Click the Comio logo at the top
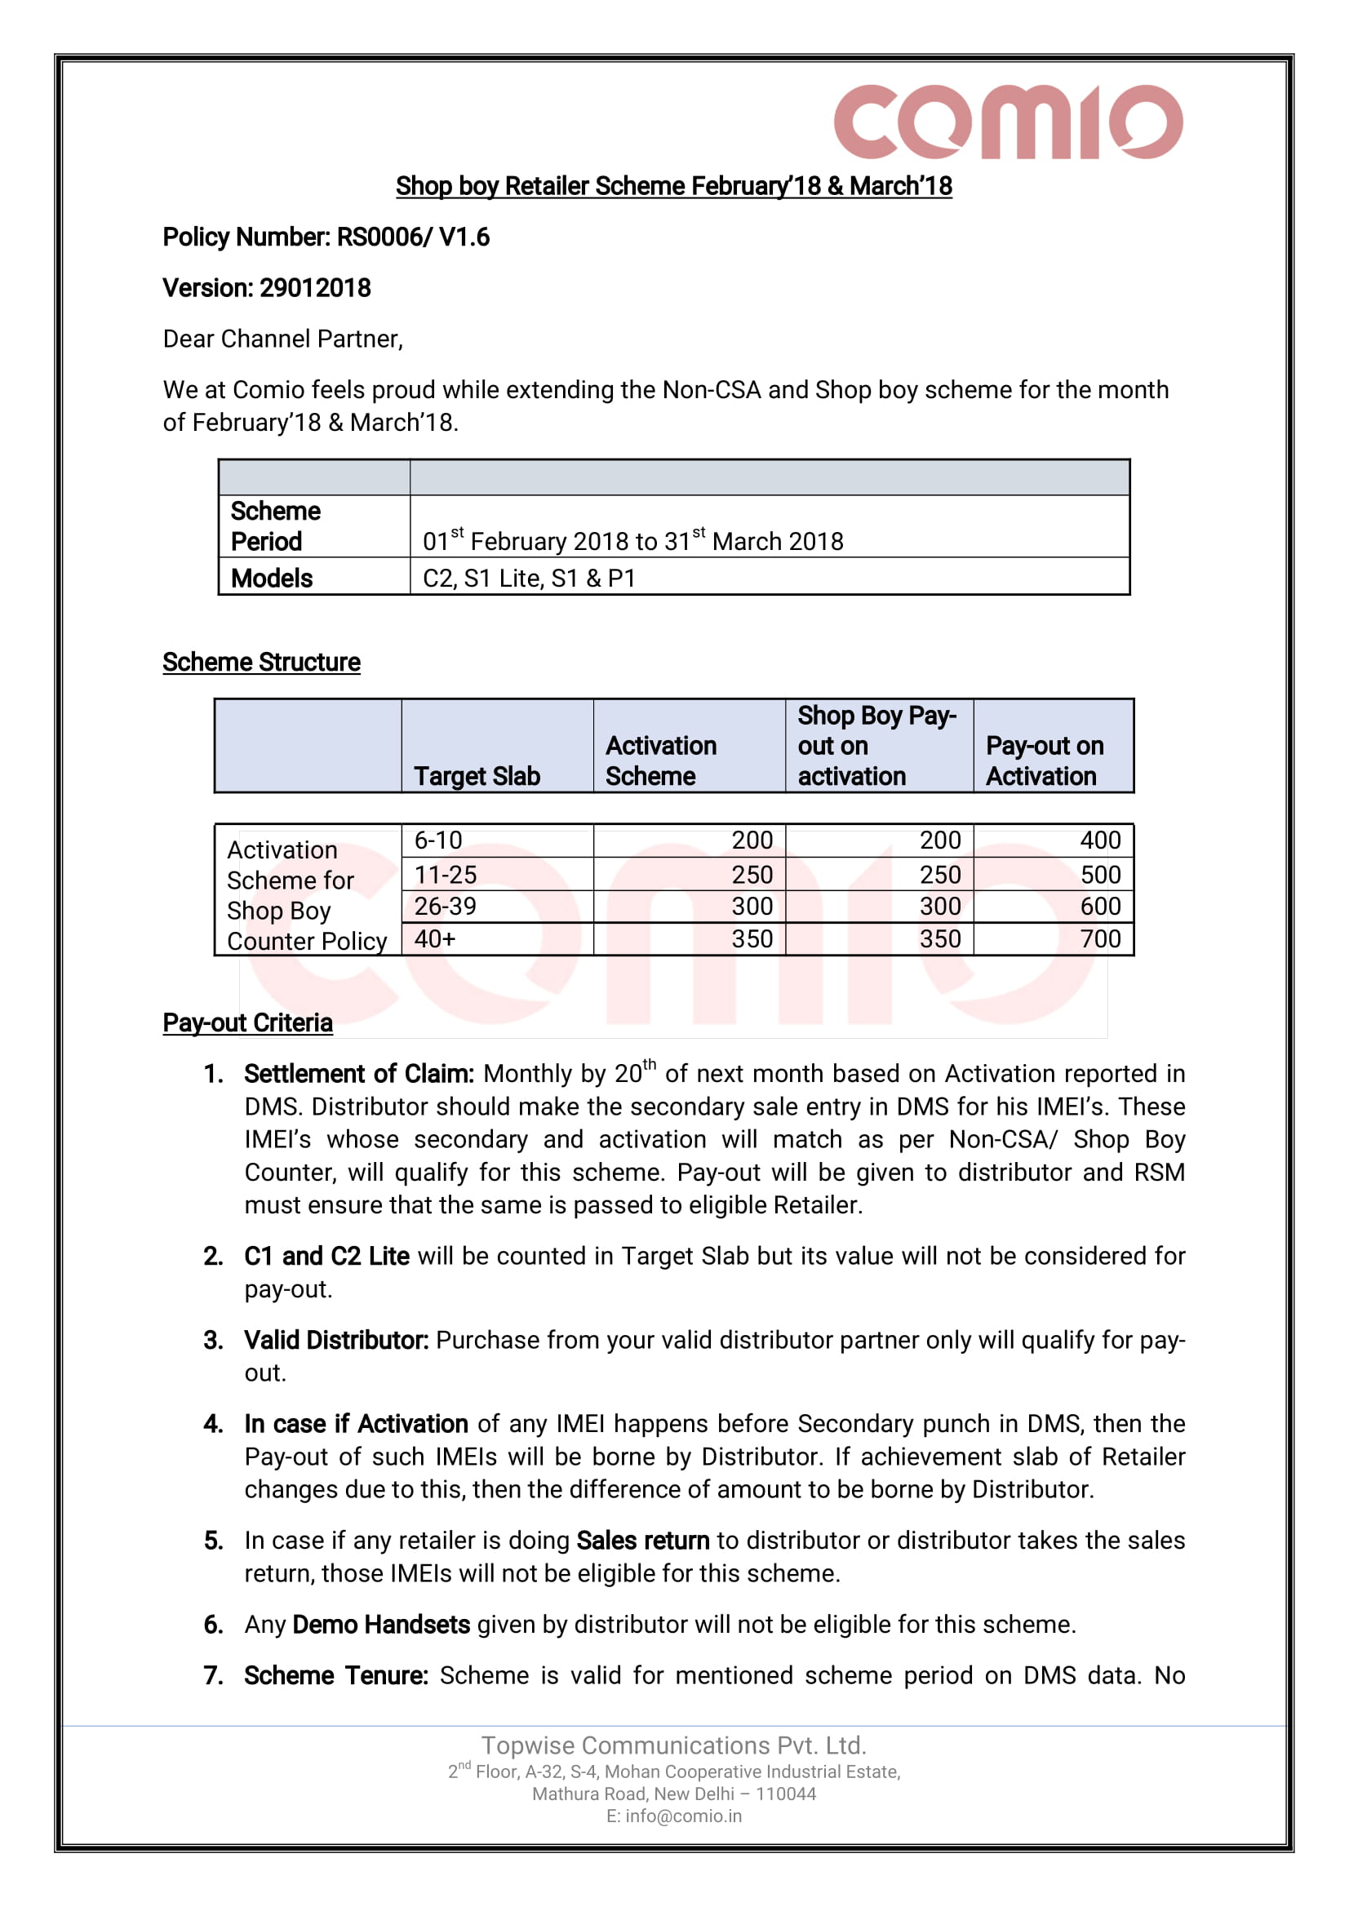(x=1008, y=122)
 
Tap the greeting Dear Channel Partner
(x=282, y=339)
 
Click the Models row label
(x=272, y=578)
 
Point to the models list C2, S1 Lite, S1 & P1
(x=529, y=578)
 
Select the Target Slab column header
(x=477, y=776)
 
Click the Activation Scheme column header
(x=660, y=761)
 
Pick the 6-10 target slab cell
(x=437, y=840)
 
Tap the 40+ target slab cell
(x=434, y=939)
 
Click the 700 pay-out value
(x=1100, y=939)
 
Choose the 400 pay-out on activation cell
(x=1100, y=840)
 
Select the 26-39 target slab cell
(x=446, y=906)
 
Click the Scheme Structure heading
(x=261, y=662)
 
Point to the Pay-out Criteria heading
(x=247, y=1022)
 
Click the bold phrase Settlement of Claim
(x=358, y=1074)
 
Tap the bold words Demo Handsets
(x=381, y=1625)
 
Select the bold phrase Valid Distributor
(x=335, y=1341)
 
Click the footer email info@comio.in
(x=673, y=1816)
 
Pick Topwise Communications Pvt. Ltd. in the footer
(x=673, y=1745)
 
